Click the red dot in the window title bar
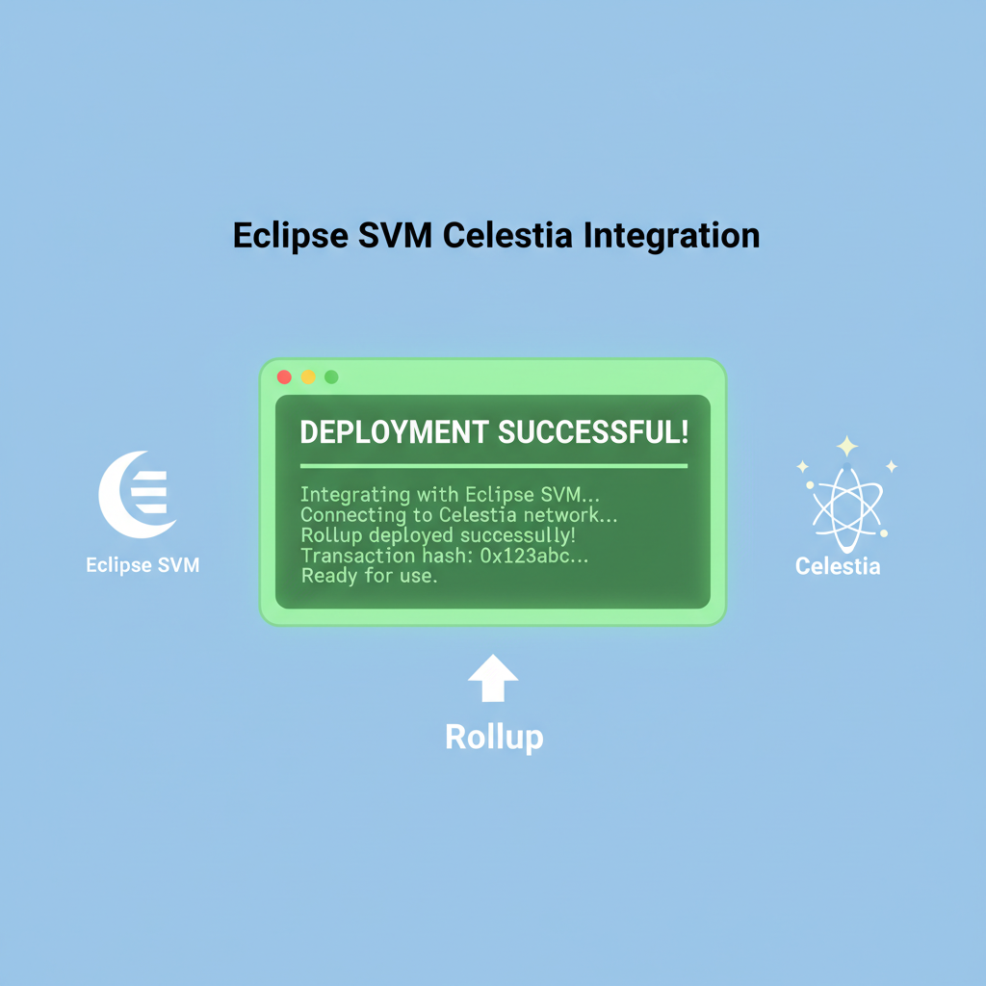284,377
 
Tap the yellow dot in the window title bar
308,377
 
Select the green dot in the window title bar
331,377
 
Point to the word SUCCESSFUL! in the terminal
593,431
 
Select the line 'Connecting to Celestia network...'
459,515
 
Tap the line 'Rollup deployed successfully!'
438,535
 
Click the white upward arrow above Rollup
493,680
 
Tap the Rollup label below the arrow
494,738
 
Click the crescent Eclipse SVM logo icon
138,494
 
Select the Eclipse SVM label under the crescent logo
143,565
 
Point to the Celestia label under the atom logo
838,566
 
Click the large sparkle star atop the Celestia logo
846,446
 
